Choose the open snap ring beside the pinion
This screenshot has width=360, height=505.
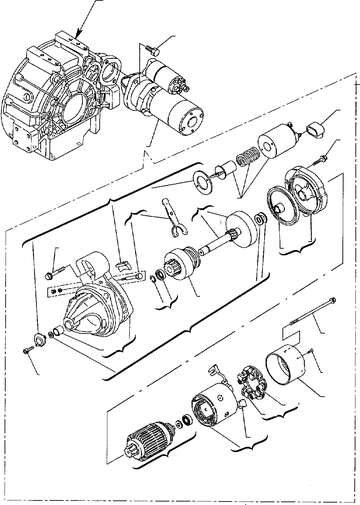click(152, 278)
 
